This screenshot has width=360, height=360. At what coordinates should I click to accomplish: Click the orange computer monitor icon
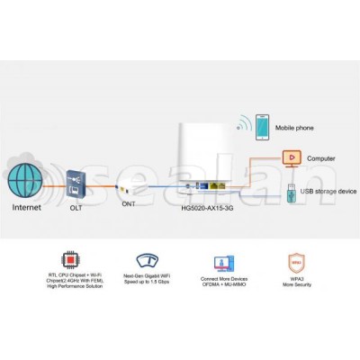pyautogui.click(x=290, y=157)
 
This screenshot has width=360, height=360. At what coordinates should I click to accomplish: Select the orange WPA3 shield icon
pyautogui.click(x=296, y=263)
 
